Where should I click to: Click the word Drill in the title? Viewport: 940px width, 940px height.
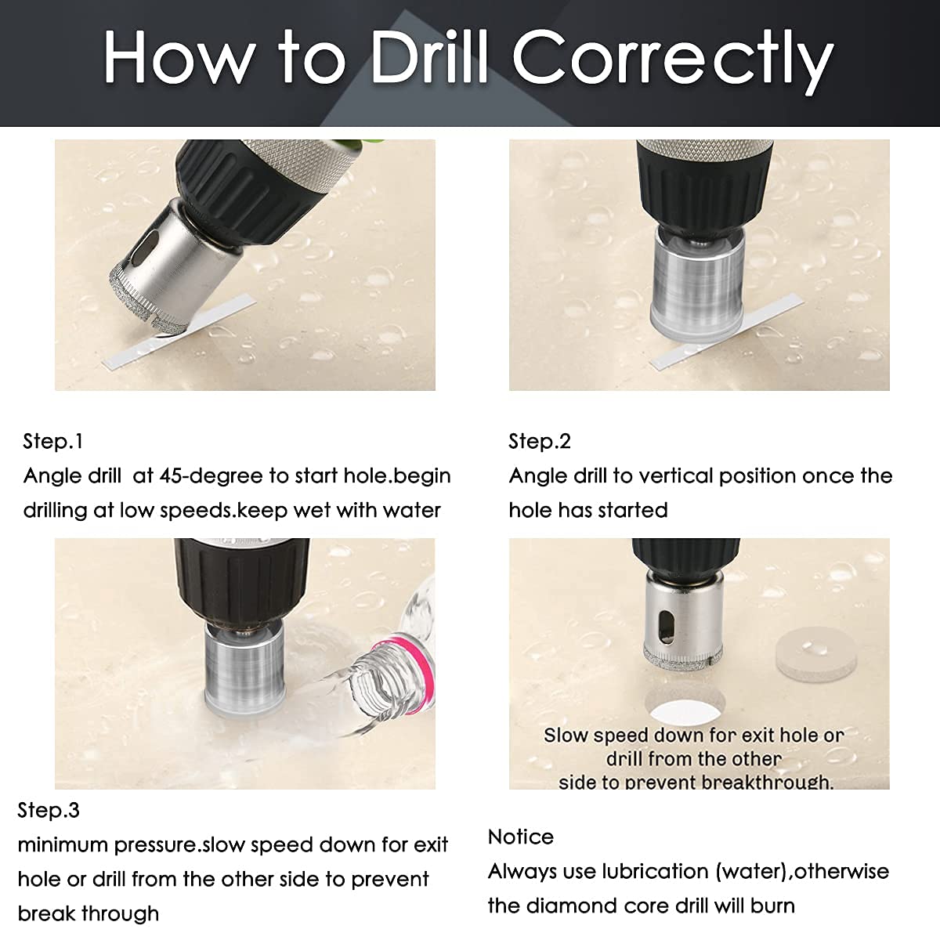point(429,56)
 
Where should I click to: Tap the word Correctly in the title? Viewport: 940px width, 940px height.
point(673,62)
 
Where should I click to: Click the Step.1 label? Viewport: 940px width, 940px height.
point(52,441)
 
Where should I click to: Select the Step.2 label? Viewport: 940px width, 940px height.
point(539,441)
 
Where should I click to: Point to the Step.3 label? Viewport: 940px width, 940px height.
point(49,810)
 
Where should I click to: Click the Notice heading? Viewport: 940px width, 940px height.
point(520,837)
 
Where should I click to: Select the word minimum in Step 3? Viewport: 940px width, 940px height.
point(63,845)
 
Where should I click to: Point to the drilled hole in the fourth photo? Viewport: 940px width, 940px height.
point(685,708)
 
